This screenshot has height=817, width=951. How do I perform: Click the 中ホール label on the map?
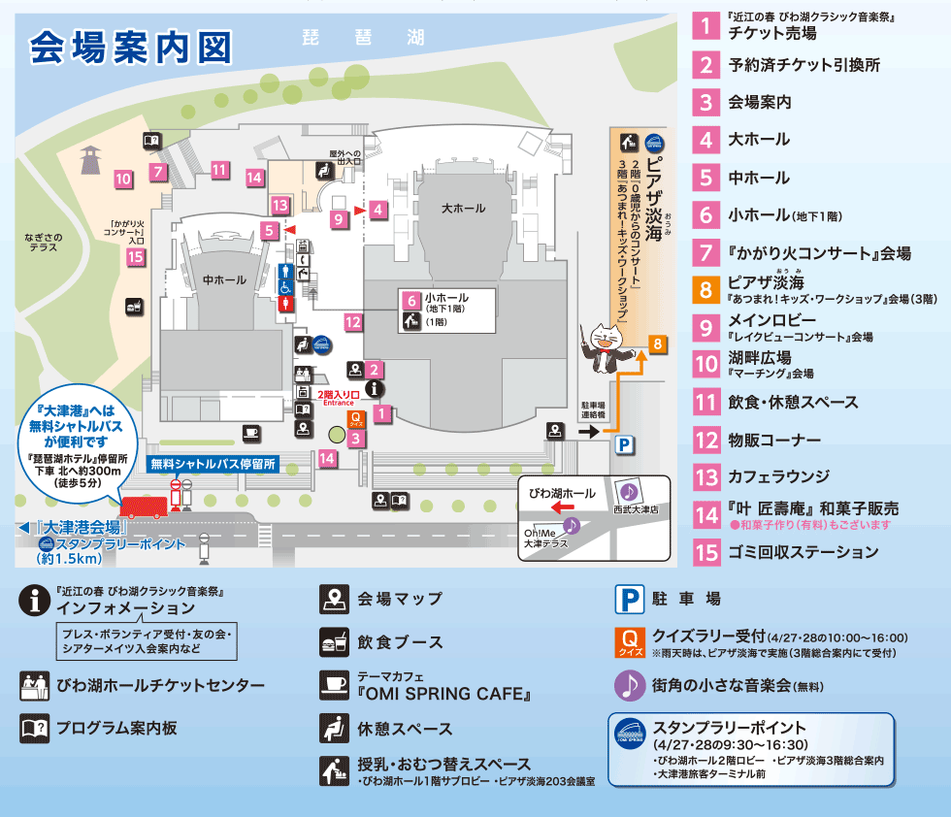pyautogui.click(x=224, y=280)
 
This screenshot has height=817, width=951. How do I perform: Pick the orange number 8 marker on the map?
pyautogui.click(x=657, y=343)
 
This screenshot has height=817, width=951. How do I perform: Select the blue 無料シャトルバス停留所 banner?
pyautogui.click(x=213, y=465)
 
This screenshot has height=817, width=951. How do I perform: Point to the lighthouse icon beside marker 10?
pyautogui.click(x=91, y=157)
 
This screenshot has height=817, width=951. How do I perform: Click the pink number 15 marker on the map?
pyautogui.click(x=135, y=257)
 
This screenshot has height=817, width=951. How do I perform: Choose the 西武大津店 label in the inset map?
pyautogui.click(x=635, y=508)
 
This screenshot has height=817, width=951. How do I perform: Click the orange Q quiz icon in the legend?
pyautogui.click(x=630, y=641)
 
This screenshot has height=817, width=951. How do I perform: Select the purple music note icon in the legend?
pyautogui.click(x=630, y=685)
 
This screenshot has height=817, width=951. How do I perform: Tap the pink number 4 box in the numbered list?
pyautogui.click(x=705, y=139)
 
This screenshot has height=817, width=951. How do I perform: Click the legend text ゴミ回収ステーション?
pyautogui.click(x=803, y=552)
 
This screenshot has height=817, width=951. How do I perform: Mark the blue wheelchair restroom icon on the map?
pyautogui.click(x=286, y=288)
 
